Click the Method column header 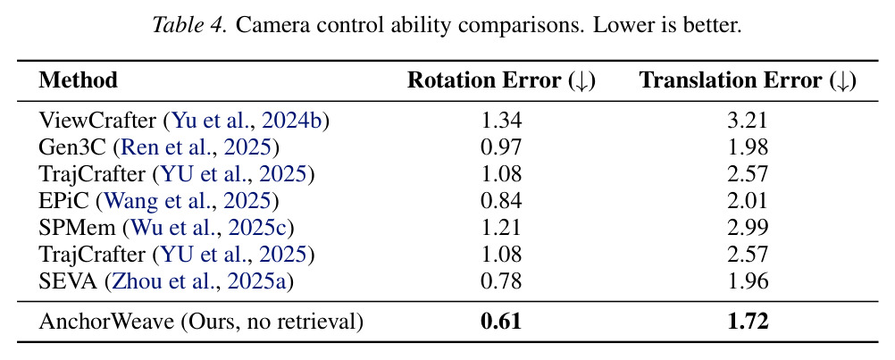point(79,80)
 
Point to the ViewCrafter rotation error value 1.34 point(501,121)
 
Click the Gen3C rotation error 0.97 point(501,147)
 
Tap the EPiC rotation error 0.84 point(501,201)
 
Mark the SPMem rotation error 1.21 point(501,228)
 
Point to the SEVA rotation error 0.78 point(501,282)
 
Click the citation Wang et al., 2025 point(188,202)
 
